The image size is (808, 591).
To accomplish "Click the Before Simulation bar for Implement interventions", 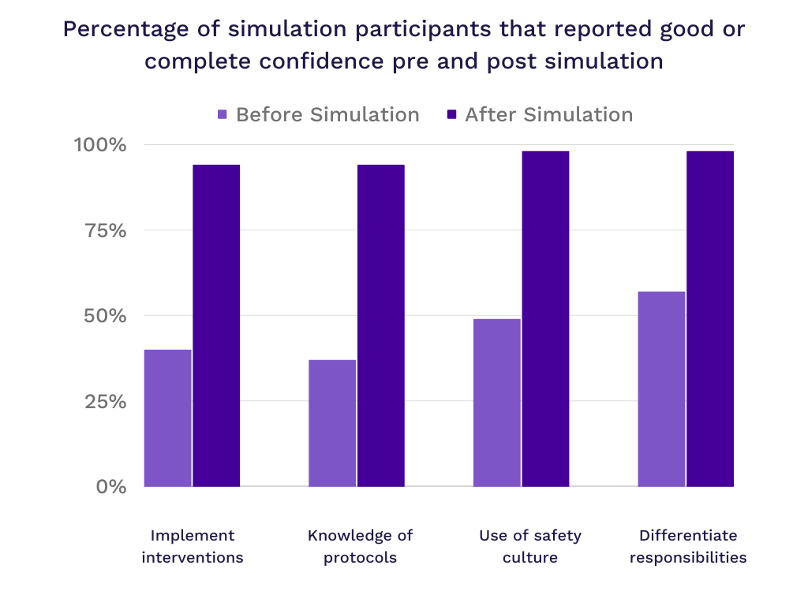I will (x=168, y=418).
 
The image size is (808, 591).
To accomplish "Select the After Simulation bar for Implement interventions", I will (x=217, y=325).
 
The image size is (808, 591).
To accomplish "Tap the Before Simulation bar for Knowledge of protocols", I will (x=332, y=423).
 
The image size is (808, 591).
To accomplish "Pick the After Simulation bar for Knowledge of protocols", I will (x=381, y=325).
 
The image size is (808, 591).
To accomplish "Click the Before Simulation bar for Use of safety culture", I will (x=496, y=402).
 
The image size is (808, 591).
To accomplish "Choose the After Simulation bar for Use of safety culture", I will (x=545, y=318).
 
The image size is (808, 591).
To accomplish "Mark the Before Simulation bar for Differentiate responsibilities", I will (x=661, y=388).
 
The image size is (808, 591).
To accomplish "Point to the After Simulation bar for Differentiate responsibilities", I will (x=710, y=318).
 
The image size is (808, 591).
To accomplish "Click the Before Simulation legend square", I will (x=223, y=115).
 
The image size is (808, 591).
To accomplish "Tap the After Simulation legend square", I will (x=451, y=115).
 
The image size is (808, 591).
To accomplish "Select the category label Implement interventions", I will (x=193, y=546).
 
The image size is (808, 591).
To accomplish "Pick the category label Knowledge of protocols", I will (x=360, y=546).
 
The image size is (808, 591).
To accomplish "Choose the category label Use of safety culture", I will (x=529, y=546).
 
